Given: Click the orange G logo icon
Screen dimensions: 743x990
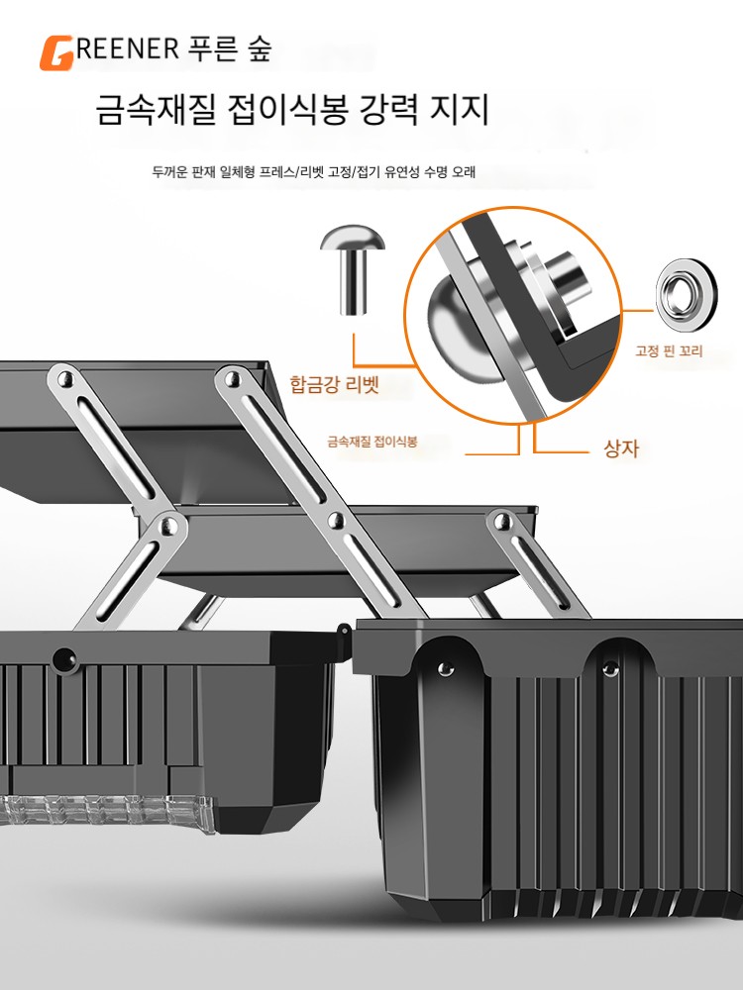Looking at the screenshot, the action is (x=56, y=53).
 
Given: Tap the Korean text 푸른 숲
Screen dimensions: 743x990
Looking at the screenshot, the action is (x=230, y=49).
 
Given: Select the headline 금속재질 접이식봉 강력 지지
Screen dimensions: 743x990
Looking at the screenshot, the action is (x=292, y=109).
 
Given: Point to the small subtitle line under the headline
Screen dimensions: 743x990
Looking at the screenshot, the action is (x=313, y=171).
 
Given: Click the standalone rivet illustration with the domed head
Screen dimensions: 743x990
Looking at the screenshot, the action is (x=353, y=269).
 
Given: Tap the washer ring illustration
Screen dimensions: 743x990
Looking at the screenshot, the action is (x=687, y=291).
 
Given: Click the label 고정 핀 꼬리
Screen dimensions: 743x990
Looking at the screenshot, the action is (x=669, y=351).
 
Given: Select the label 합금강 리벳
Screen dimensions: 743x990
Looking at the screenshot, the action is (x=334, y=384).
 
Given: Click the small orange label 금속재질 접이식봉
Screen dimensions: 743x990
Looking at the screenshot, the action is (x=372, y=442).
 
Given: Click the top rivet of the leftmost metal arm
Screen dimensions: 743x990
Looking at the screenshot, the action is (x=65, y=379).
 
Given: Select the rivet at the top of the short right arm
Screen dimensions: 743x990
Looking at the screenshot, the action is (x=502, y=521).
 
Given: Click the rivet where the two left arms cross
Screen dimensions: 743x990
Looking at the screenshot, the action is (x=169, y=524).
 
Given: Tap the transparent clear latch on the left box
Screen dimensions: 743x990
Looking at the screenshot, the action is (x=104, y=811).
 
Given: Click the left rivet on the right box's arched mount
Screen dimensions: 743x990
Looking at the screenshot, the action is (x=445, y=668).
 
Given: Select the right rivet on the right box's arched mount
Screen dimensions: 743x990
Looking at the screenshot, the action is (x=609, y=668).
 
